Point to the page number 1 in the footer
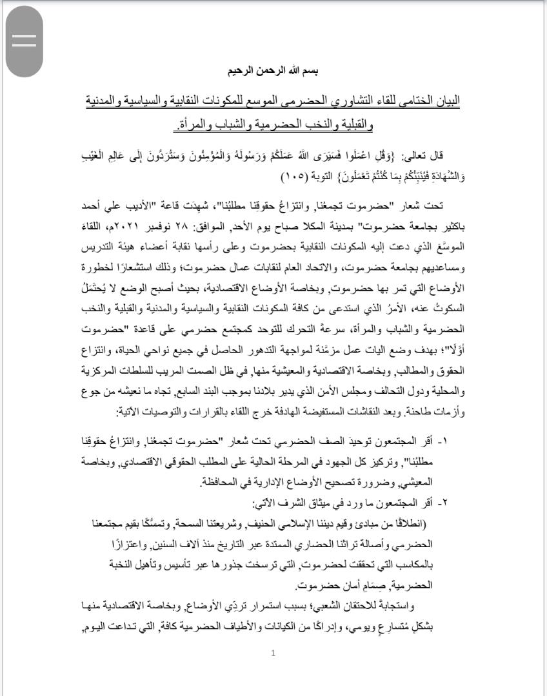tap(273, 653)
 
